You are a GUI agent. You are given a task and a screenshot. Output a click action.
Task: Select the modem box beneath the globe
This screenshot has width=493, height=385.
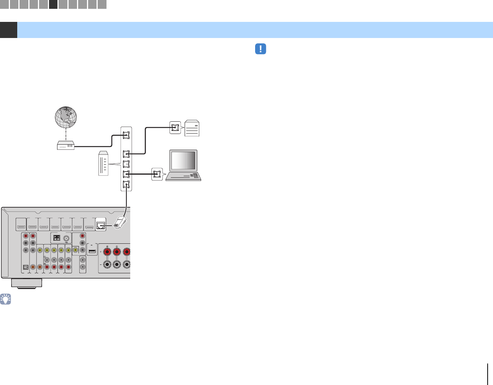[65, 145]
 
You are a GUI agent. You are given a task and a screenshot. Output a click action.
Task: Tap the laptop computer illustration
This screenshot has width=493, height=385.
[183, 165]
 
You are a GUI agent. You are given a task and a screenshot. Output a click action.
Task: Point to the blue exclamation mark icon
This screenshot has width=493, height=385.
[260, 49]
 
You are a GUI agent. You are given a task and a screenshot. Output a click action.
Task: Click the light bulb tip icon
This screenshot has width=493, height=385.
[6, 299]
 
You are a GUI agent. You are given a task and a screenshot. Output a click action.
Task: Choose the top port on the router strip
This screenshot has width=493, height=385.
[126, 135]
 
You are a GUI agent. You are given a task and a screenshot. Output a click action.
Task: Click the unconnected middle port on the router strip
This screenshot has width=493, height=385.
[126, 164]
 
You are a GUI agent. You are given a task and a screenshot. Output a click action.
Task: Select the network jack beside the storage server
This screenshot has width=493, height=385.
[175, 128]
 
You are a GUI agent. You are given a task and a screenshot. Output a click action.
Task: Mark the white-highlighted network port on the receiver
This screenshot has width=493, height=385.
[101, 225]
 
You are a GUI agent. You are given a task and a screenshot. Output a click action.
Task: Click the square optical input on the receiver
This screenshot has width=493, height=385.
[26, 268]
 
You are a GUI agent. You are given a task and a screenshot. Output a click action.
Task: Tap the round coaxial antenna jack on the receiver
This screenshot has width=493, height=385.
[67, 238]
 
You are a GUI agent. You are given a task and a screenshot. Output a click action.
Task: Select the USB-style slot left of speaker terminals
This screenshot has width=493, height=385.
[92, 252]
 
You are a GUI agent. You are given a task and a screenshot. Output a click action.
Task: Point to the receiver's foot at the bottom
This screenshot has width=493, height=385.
[26, 283]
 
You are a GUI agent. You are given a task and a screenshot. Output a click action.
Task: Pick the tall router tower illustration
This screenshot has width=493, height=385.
[104, 164]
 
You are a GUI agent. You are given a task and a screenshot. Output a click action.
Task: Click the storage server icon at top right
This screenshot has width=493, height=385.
[192, 128]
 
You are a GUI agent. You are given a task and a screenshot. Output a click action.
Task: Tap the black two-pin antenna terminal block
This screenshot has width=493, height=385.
[56, 238]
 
